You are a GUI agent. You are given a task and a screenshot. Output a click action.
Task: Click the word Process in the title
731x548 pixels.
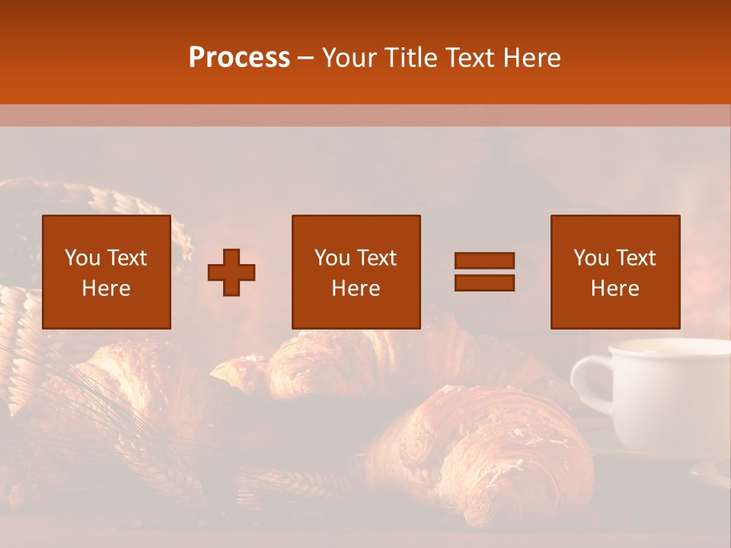tap(239, 58)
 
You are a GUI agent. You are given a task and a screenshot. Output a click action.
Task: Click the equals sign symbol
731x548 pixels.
tap(484, 272)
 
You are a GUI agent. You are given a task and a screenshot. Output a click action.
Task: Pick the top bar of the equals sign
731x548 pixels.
tap(484, 260)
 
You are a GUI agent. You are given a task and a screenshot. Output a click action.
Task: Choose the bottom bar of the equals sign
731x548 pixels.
tap(484, 283)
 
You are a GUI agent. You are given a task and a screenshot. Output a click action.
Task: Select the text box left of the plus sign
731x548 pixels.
tap(107, 272)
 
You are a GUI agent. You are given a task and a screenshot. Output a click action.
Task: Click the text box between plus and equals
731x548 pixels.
tap(356, 272)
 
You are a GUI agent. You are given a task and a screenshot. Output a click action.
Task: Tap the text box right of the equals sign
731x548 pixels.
tap(615, 272)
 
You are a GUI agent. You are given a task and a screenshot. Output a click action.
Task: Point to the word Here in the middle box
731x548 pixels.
tap(356, 288)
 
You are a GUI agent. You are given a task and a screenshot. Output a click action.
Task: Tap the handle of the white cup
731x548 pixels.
tap(588, 384)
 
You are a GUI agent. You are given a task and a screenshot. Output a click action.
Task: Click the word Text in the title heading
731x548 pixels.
tap(469, 58)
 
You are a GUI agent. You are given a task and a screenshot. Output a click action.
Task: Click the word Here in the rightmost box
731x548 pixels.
tap(615, 288)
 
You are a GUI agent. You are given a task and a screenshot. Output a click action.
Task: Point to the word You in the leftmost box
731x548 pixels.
tap(83, 258)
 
